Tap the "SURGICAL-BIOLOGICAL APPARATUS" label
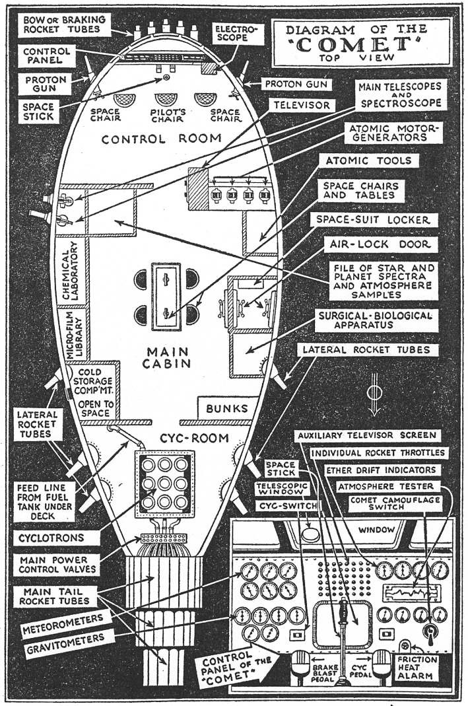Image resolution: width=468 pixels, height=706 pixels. (x=376, y=320)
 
